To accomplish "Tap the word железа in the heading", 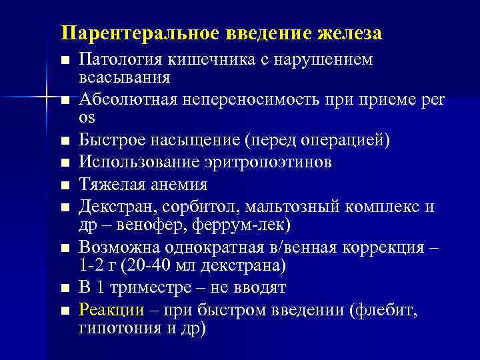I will (348, 33).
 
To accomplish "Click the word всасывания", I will (124, 77).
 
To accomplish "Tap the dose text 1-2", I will (91, 265).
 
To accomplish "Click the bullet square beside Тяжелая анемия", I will (65, 185).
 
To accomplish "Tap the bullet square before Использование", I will (65, 163).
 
